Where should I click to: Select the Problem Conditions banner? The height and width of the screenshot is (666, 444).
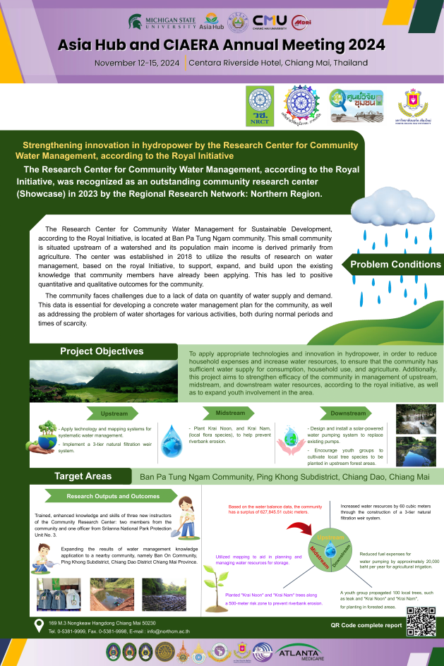pyautogui.click(x=395, y=265)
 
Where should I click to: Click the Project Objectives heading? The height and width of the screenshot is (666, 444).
pyautogui.click(x=102, y=351)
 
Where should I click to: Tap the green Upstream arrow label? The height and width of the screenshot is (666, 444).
pyautogui.click(x=114, y=413)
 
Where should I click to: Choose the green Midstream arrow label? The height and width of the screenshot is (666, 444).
pyautogui.click(x=230, y=413)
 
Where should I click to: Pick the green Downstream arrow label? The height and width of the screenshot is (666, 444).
pyautogui.click(x=348, y=413)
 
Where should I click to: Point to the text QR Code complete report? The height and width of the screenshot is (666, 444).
pyautogui.click(x=366, y=625)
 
